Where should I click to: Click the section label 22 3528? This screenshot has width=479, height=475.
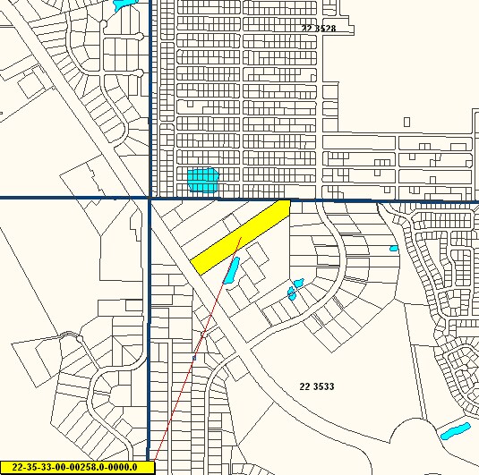(x=319, y=29)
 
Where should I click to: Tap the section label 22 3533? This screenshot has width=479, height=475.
(x=316, y=386)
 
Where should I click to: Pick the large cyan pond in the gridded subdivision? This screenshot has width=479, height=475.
(x=203, y=180)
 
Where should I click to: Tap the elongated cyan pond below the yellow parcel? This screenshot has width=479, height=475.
(x=231, y=270)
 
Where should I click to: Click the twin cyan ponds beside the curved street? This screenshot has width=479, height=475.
(x=295, y=288)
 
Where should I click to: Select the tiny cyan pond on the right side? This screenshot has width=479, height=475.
(x=393, y=248)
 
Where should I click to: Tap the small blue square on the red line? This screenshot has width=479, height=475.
(x=193, y=358)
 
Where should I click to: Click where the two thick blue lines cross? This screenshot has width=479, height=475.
(x=149, y=198)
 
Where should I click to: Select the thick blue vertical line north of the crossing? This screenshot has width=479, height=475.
(x=149, y=89)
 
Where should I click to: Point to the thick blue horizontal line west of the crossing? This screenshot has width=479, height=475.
(x=72, y=198)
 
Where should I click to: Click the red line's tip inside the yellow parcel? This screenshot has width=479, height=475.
(x=241, y=237)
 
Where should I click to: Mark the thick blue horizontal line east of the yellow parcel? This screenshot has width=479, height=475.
(x=385, y=200)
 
